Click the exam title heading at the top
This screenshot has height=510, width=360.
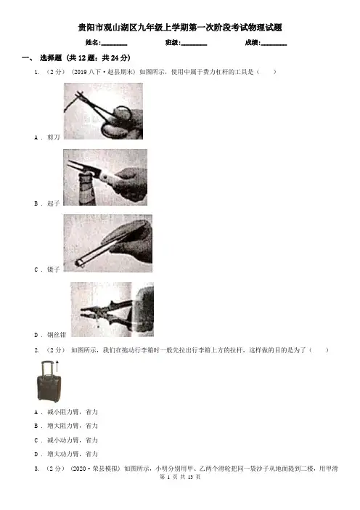coord(180,28)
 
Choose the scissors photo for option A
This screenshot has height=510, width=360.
coord(103,111)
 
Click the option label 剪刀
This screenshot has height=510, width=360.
coord(54,137)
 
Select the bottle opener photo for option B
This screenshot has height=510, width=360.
coord(105,177)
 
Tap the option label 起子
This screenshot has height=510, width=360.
coord(54,203)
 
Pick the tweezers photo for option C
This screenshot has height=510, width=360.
coord(107,243)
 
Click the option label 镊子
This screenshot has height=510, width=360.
coord(54,270)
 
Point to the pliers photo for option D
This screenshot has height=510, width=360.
coord(112,309)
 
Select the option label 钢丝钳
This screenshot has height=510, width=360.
coord(57,335)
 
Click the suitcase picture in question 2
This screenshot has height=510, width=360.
coord(49,381)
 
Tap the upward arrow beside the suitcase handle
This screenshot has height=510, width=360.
coord(57,365)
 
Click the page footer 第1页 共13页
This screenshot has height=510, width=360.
coord(180,477)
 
